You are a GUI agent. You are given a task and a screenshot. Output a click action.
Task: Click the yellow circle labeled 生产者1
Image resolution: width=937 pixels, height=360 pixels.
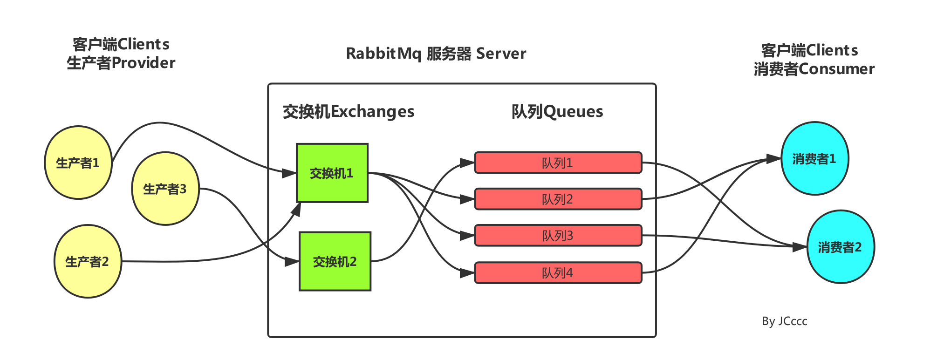tap(78, 163)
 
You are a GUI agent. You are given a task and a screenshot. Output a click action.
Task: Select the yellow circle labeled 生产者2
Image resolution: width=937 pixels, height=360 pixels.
tap(88, 262)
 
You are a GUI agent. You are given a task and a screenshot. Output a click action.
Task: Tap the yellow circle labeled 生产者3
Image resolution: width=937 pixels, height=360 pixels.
tap(165, 189)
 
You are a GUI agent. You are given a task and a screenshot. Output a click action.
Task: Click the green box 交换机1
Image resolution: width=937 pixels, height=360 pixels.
tap(332, 173)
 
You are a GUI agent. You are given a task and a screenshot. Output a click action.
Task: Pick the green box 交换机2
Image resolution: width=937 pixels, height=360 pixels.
tap(335, 262)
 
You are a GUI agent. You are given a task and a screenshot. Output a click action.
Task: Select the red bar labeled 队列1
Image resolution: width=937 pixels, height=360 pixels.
tap(558, 163)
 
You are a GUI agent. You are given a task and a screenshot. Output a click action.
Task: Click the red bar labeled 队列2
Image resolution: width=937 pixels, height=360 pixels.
tap(558, 199)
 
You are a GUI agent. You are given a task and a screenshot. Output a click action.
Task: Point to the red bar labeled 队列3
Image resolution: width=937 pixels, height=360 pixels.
tap(558, 236)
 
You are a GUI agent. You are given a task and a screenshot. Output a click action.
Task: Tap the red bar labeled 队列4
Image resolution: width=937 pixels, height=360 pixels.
tap(558, 273)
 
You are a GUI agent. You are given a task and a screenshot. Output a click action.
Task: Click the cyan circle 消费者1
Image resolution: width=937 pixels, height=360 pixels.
tap(814, 159)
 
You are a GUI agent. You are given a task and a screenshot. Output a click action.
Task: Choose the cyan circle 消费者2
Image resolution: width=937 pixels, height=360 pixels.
tap(840, 247)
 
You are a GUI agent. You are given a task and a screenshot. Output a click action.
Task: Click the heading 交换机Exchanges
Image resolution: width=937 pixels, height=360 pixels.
tap(349, 112)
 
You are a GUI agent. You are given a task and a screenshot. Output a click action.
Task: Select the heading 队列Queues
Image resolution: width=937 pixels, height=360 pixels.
tap(557, 112)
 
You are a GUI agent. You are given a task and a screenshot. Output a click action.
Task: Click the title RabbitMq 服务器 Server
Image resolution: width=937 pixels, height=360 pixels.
tap(436, 54)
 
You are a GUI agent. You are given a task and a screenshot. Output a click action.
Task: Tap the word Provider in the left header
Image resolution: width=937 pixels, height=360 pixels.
tap(144, 63)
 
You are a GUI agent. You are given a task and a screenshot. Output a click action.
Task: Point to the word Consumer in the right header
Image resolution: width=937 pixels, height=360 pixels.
tap(836, 69)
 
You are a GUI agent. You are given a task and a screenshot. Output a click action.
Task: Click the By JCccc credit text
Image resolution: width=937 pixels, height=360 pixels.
tap(785, 321)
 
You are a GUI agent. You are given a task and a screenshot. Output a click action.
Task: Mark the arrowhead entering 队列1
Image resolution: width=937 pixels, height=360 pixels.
tap(467, 163)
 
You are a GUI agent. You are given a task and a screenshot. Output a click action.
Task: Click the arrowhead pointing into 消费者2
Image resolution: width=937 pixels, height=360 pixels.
tap(800, 247)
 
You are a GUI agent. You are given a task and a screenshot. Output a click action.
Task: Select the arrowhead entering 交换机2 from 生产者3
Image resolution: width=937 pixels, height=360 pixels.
tap(292, 262)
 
